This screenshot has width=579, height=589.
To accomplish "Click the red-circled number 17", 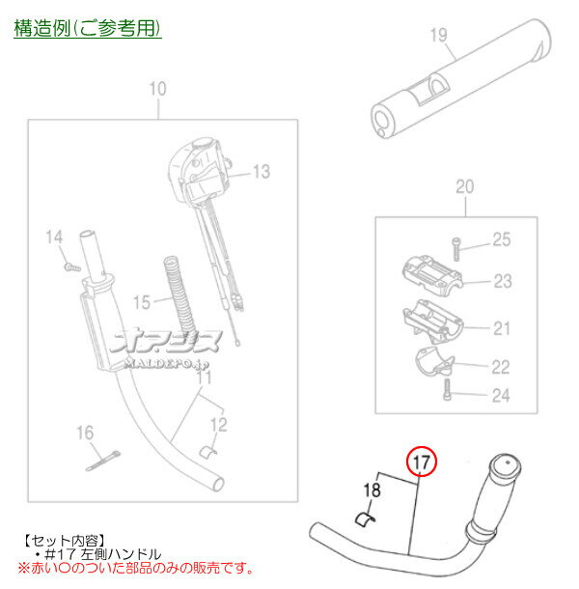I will (421, 463).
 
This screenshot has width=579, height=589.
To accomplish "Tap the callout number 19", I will (439, 38).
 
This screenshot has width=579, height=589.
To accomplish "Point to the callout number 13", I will (262, 173).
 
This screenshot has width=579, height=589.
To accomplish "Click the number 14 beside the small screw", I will (54, 237).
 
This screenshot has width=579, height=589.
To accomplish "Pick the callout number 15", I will (142, 302).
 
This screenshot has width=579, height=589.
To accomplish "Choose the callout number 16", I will (85, 431).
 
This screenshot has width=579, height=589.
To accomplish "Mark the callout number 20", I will (464, 187).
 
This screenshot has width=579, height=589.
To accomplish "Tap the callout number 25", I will (502, 240).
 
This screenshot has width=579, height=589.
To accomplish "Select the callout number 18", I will (372, 490).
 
